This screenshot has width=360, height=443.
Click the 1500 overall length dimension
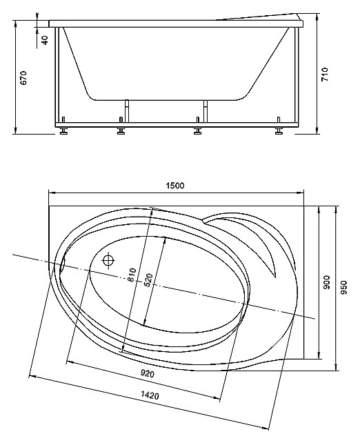(175, 186)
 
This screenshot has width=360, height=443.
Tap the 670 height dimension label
(23, 78)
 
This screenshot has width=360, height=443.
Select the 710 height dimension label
(325, 75)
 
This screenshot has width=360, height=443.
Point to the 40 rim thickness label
(45, 39)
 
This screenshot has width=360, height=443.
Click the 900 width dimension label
(326, 282)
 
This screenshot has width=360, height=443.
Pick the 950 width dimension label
(343, 287)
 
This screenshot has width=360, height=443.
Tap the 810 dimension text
(132, 275)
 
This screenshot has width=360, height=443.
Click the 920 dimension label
(148, 374)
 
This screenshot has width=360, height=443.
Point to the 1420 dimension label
(150, 395)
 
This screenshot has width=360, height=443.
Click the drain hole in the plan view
(108, 260)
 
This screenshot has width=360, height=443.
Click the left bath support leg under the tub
(127, 111)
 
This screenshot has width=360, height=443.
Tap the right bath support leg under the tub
(206, 111)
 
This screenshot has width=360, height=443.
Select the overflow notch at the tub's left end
(63, 264)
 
